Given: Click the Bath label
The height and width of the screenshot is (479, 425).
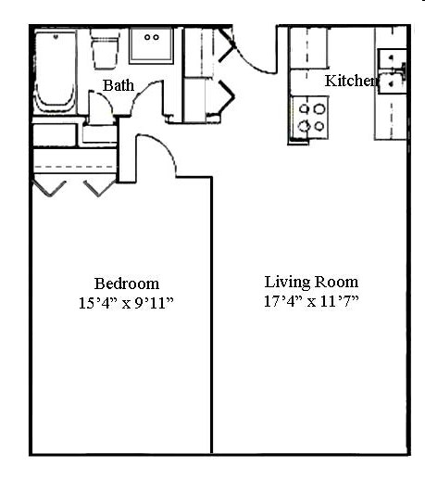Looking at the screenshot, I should [x=119, y=85].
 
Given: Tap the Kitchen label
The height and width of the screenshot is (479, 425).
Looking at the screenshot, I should [x=351, y=81].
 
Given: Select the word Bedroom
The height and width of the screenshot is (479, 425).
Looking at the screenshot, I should [x=127, y=284].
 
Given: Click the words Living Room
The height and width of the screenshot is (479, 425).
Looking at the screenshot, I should [x=311, y=282].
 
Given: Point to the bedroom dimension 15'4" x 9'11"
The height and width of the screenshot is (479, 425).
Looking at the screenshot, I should [x=127, y=302].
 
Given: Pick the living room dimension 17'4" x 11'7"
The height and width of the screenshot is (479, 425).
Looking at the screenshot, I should [x=311, y=300].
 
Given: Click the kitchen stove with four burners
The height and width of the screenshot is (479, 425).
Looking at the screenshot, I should [x=312, y=117].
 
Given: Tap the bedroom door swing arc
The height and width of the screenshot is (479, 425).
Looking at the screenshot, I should [x=160, y=158].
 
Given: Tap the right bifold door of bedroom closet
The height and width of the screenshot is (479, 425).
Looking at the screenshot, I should [x=97, y=188].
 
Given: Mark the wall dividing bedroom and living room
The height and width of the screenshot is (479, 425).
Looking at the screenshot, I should [x=212, y=315].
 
